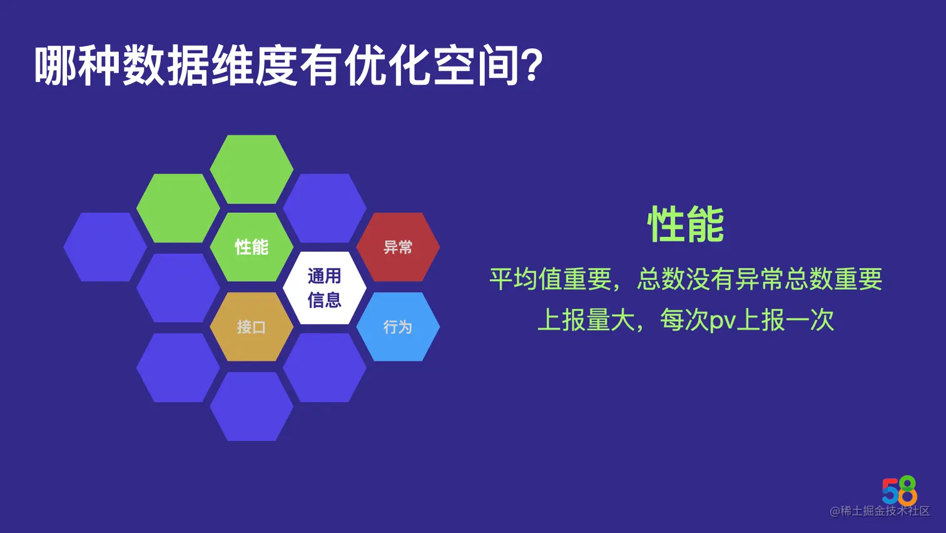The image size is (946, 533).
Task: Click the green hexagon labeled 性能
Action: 252,247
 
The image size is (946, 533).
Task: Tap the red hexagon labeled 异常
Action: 398,247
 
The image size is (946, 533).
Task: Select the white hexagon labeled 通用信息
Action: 325,287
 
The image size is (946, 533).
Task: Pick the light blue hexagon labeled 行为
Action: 398,326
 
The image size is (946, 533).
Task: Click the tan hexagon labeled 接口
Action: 252,326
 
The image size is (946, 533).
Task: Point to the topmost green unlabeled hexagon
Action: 252,169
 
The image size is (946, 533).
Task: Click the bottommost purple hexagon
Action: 252,406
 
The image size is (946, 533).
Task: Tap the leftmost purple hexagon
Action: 105,247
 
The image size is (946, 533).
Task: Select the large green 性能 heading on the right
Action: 686,224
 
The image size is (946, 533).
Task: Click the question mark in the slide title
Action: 532,66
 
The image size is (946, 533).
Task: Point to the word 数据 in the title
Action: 166,66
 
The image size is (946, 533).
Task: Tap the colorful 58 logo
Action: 900,490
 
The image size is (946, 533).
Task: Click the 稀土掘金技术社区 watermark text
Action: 884,511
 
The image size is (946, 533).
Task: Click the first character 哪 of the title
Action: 55,66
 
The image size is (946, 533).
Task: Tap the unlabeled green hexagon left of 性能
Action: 178,208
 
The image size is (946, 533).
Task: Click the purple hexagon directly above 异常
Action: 325,208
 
